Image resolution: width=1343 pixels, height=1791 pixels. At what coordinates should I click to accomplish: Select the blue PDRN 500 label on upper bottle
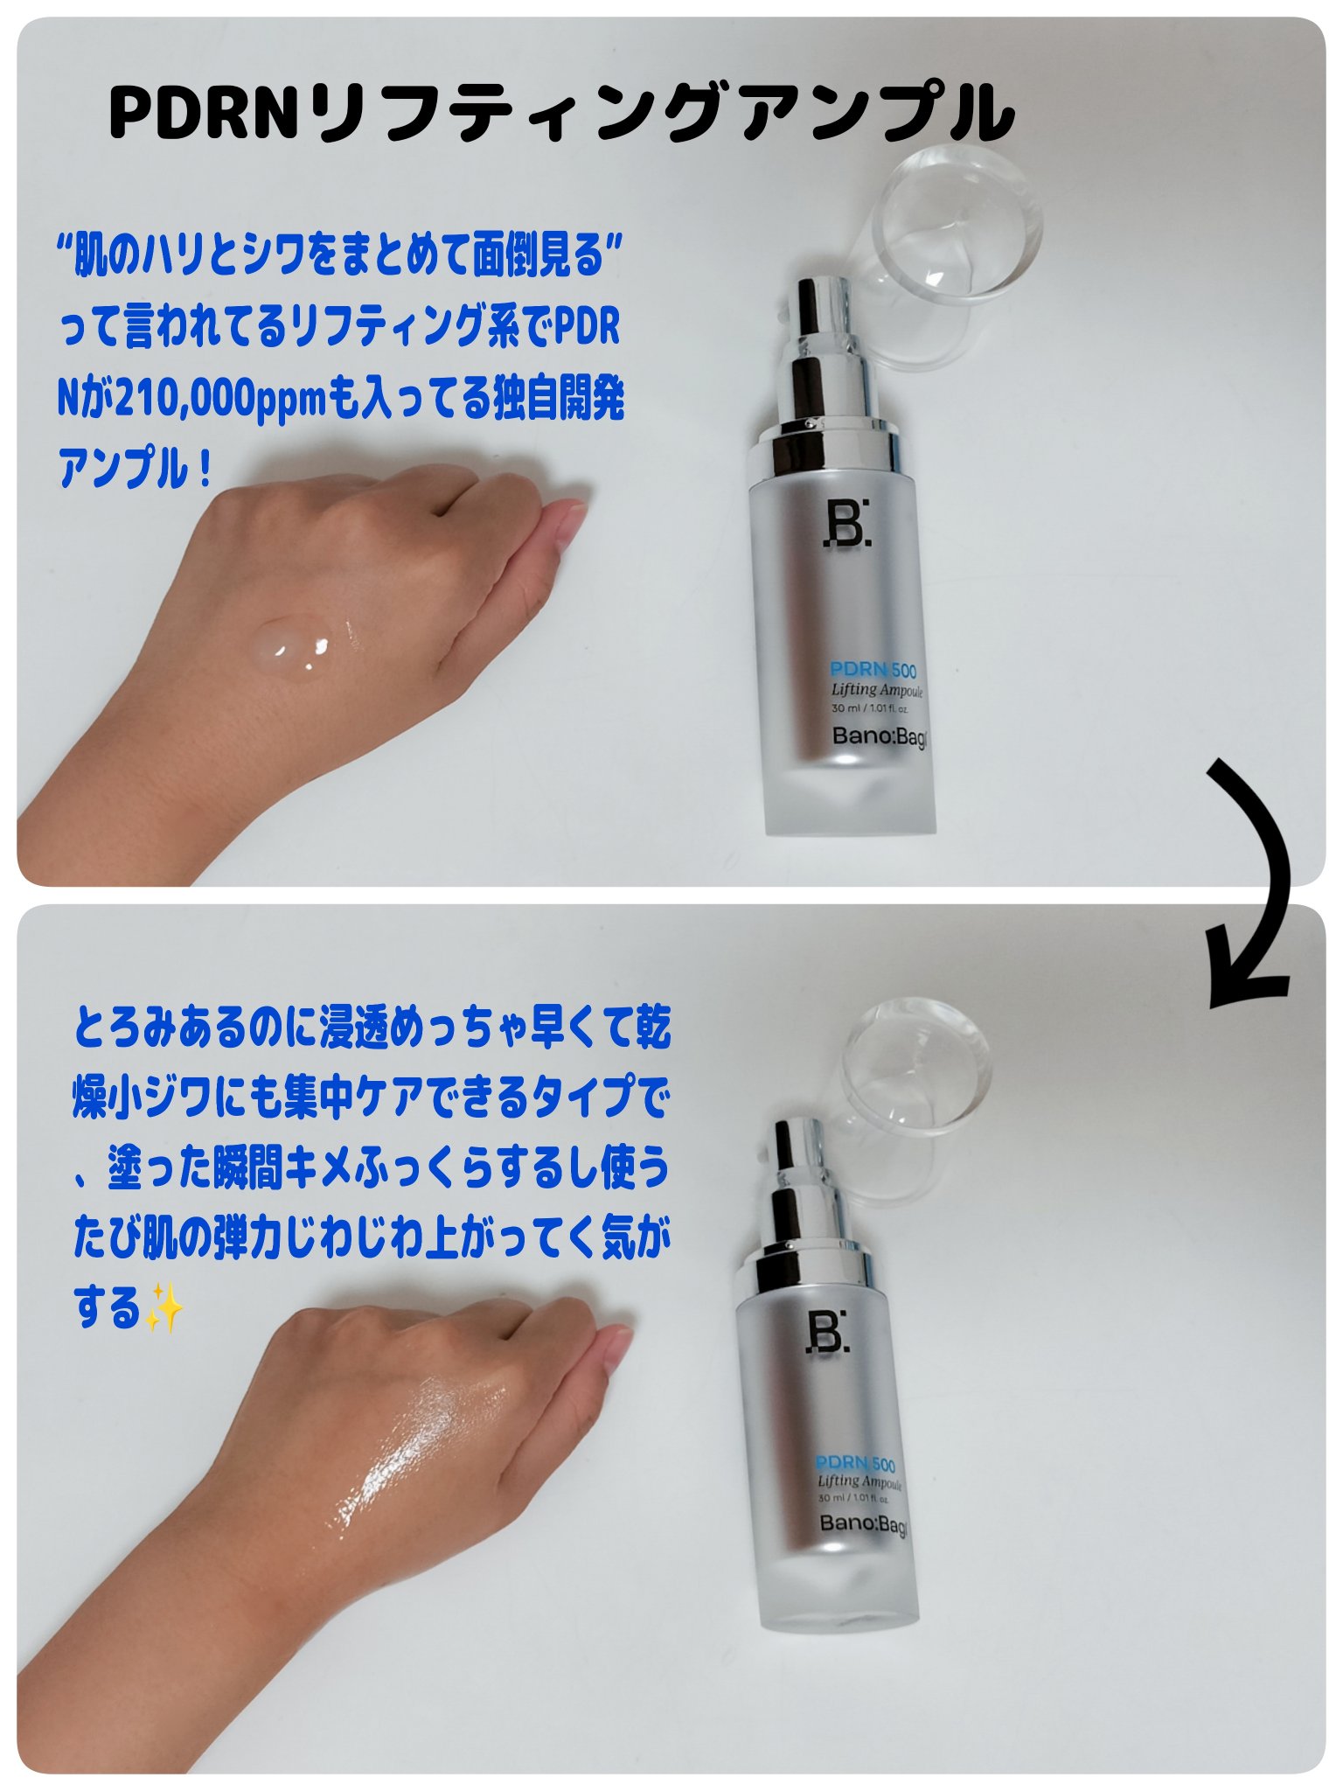[x=873, y=671]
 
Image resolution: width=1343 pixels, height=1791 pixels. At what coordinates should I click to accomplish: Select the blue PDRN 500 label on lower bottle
[x=855, y=1464]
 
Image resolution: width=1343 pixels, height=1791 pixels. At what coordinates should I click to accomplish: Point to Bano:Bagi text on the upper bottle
[x=878, y=736]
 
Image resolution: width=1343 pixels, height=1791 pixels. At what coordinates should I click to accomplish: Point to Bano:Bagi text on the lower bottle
[x=862, y=1524]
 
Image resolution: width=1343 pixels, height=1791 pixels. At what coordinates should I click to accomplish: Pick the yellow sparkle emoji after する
[x=164, y=1309]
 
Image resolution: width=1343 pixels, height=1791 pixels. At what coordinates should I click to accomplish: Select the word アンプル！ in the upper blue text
[x=136, y=470]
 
